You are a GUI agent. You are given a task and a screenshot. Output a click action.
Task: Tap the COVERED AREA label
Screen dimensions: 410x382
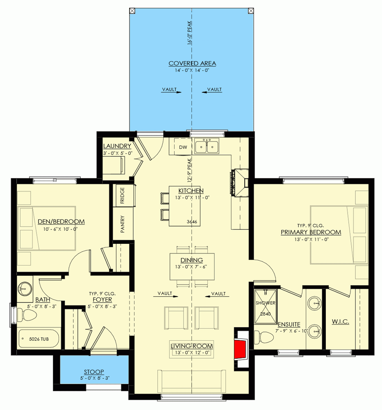pos(192,63)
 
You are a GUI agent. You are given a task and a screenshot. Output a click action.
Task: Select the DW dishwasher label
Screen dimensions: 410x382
pos(183,147)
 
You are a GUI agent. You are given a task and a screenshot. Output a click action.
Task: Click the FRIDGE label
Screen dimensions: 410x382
pos(122,195)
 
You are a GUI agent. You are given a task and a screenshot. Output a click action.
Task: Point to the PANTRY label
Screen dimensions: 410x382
pos(122,224)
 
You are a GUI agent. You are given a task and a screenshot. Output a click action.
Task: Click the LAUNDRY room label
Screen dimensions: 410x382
pos(117,146)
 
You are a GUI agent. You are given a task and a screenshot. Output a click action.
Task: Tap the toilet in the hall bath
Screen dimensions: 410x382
pos(27,315)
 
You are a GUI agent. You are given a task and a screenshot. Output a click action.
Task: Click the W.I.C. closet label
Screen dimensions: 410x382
pos(340,322)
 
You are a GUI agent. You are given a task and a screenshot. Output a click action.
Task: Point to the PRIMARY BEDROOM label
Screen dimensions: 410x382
pos(311,232)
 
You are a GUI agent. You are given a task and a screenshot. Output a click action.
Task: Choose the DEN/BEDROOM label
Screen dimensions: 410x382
pos(61,222)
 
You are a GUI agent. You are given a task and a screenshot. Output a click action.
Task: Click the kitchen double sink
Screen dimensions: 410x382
pos(207,146)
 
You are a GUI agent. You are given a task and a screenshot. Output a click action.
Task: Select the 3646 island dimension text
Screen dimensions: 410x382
pos(192,222)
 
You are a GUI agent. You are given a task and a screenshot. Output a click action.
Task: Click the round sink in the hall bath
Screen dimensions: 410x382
pos(25,288)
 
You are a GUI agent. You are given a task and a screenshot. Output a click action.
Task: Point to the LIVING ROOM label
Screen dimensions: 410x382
pos(192,346)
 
